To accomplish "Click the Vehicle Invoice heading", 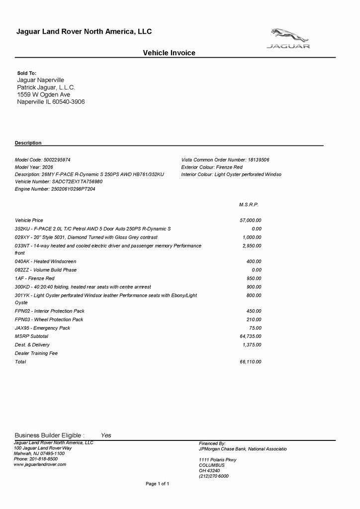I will click(x=169, y=53).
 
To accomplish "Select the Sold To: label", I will click(x=27, y=73).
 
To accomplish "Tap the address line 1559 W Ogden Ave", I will click(x=44, y=94).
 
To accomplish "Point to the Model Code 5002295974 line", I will click(x=43, y=160).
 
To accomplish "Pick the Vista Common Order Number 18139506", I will click(x=225, y=160).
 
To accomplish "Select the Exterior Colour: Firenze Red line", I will click(x=212, y=168).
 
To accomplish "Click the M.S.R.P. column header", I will click(x=249, y=205).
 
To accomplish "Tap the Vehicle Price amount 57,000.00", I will click(x=251, y=220).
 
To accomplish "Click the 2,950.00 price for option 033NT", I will click(x=252, y=246).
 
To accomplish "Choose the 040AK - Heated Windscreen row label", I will click(x=45, y=261).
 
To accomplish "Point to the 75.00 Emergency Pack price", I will click(x=255, y=328).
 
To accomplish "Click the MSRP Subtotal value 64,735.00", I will click(x=251, y=337).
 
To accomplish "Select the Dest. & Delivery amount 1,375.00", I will click(x=252, y=345).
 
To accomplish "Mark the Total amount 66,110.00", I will click(x=251, y=362).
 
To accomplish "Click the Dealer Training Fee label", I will click(x=36, y=353).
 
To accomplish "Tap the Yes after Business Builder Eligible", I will click(x=106, y=435).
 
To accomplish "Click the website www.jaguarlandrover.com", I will click(x=40, y=464).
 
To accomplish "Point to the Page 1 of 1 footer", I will click(x=158, y=484).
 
